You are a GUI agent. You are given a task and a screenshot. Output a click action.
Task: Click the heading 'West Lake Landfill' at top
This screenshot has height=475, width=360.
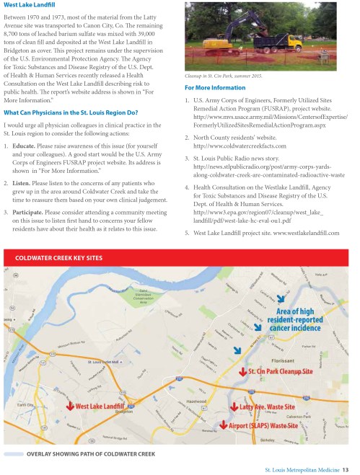coord(34,6)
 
